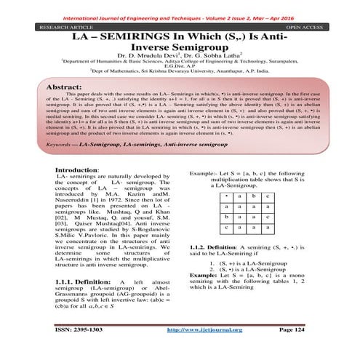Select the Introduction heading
point(79,170)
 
